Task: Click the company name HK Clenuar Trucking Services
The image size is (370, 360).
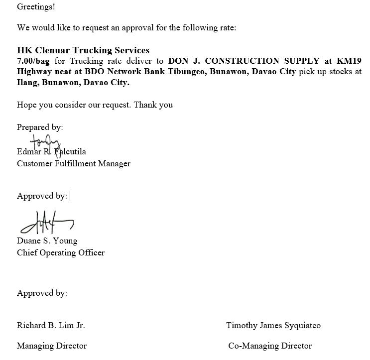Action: [x=83, y=50]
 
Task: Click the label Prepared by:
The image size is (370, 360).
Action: [x=40, y=127]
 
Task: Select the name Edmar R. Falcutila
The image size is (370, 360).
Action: [x=51, y=152]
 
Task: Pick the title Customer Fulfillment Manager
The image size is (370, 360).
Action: [x=74, y=163]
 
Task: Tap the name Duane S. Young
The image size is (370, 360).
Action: [x=47, y=241]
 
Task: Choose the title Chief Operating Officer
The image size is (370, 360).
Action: [x=61, y=252]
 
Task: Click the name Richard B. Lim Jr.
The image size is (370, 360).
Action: [x=51, y=325]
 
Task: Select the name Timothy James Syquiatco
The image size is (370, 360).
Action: [x=273, y=325]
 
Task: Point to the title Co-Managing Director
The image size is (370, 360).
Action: [x=270, y=346]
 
